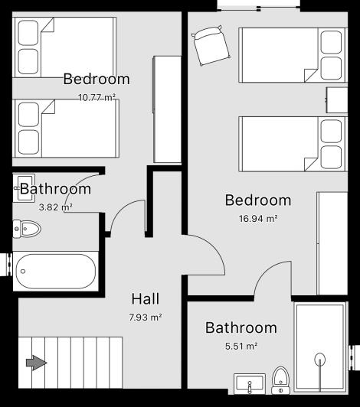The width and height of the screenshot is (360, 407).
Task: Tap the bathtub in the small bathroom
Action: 56,271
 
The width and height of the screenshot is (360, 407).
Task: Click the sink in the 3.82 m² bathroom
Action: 21,187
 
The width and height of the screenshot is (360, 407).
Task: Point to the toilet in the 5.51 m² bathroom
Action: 280,379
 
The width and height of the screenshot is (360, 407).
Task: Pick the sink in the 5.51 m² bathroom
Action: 248,383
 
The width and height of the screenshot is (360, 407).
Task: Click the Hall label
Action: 145,298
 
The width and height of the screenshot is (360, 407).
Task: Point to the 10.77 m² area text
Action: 97,97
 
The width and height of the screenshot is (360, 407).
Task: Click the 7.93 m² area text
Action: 145,317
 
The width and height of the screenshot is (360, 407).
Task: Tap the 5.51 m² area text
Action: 241,346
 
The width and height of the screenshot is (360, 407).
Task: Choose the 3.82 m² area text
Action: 55,207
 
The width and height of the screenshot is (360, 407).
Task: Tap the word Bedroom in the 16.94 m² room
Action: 257,200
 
